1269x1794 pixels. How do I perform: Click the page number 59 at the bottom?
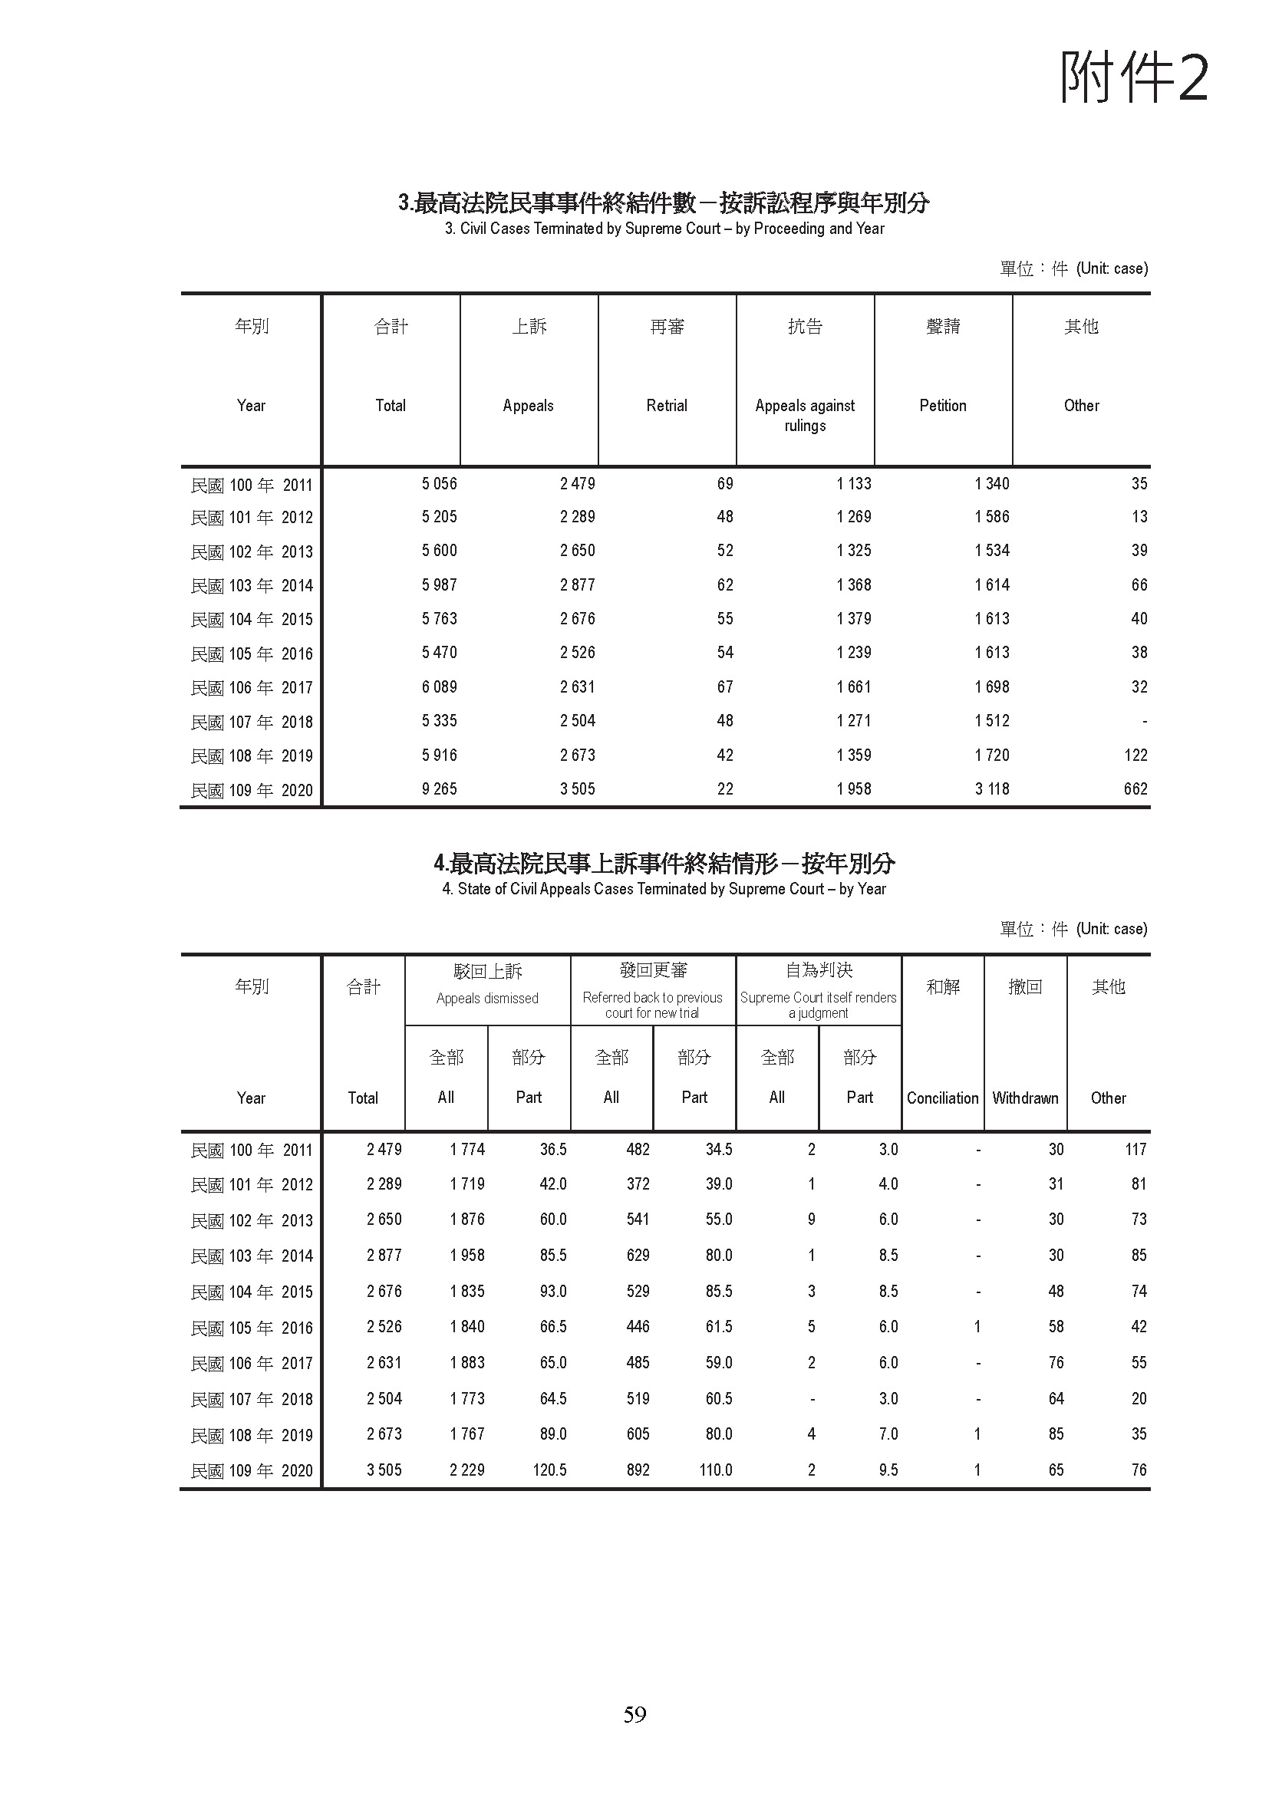click(x=634, y=1714)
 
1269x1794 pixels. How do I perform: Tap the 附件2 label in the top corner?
click(x=1134, y=78)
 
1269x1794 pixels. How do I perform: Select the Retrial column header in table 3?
click(x=667, y=406)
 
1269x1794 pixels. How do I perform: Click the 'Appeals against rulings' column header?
click(x=805, y=415)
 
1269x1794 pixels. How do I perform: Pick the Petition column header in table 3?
click(x=942, y=406)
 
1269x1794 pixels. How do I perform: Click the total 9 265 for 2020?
click(x=439, y=789)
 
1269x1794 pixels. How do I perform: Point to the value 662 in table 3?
click(x=1136, y=789)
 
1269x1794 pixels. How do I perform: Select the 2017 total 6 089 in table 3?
click(x=439, y=686)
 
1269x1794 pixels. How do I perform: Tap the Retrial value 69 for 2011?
click(x=725, y=484)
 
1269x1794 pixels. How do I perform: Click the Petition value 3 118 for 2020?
click(x=991, y=789)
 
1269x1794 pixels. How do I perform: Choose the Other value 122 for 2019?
click(x=1136, y=755)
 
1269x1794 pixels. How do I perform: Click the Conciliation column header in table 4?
click(x=942, y=1098)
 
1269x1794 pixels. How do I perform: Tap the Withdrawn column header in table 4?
click(x=1025, y=1098)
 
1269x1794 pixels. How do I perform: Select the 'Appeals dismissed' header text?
click(x=488, y=999)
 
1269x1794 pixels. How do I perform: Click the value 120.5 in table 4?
click(x=549, y=1470)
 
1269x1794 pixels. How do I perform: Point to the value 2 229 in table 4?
click(x=466, y=1470)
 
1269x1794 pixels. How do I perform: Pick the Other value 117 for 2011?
click(x=1136, y=1150)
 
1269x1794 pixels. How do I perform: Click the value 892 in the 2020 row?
click(x=638, y=1470)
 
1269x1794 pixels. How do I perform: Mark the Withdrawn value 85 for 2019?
click(x=1056, y=1434)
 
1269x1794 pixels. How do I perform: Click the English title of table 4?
click(x=664, y=889)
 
